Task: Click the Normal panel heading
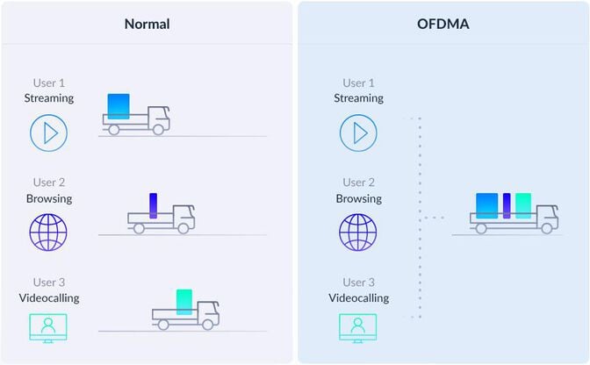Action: coord(147,24)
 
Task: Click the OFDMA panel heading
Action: coord(443,24)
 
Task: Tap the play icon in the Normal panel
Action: coord(49,132)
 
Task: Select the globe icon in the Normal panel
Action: coord(49,232)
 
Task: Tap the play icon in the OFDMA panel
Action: coord(358,132)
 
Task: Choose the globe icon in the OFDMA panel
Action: coord(358,232)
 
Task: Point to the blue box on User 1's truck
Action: coord(119,106)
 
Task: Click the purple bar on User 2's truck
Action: coord(153,205)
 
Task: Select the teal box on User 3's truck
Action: coord(184,302)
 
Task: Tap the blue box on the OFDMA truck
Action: coord(486,205)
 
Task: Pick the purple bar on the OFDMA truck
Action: coord(507,205)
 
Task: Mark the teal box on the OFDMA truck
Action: coord(523,205)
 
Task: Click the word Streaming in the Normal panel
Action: coord(49,98)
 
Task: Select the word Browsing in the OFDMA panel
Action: coord(358,198)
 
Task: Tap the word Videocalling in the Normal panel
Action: coord(49,297)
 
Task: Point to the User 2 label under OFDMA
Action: coord(358,182)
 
